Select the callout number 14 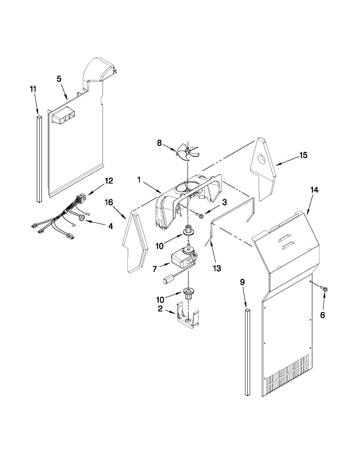tap(314, 190)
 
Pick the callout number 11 tap(33, 89)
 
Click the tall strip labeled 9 tap(247, 352)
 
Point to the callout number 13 tap(217, 268)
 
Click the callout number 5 tap(59, 79)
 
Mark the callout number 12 tap(109, 181)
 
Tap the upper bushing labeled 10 tap(188, 230)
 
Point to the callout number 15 tap(303, 155)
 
